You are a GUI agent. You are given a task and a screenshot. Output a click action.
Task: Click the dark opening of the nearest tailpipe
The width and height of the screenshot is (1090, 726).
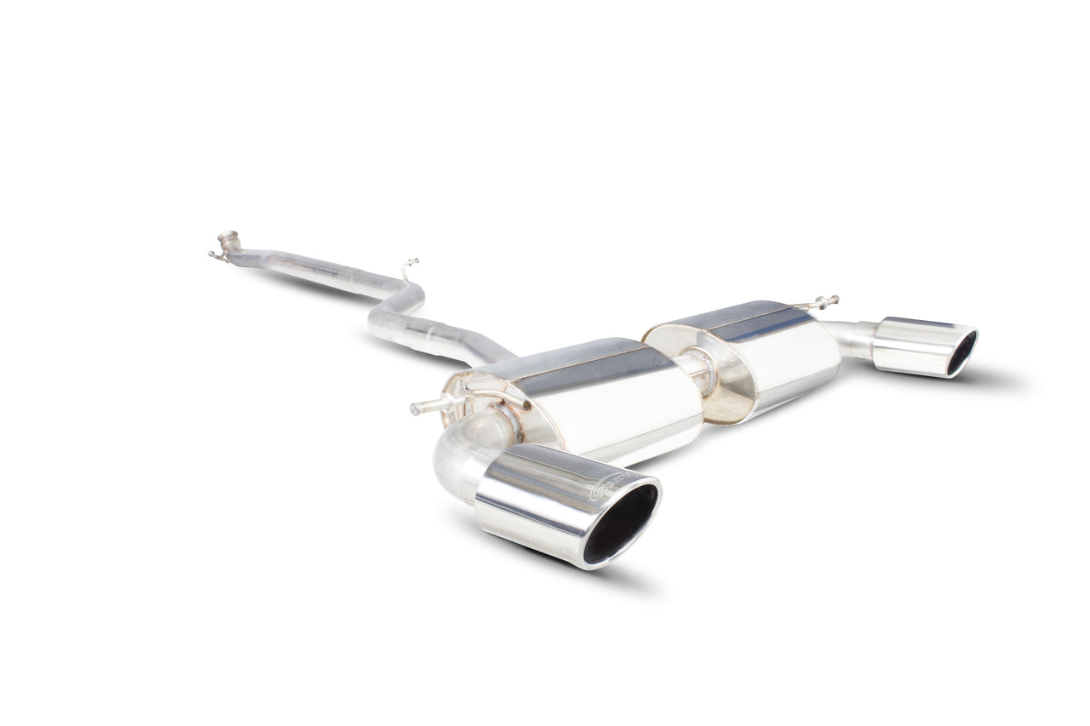click(x=621, y=523)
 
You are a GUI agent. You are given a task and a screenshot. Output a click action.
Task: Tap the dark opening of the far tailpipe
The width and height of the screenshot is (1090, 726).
click(x=961, y=353)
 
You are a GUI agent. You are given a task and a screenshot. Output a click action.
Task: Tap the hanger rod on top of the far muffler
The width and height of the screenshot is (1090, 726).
click(x=822, y=301)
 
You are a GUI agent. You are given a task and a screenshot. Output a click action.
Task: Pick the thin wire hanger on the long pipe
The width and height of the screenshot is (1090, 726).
click(x=410, y=268)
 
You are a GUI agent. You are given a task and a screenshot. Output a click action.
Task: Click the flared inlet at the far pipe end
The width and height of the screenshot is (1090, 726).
click(x=227, y=241)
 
